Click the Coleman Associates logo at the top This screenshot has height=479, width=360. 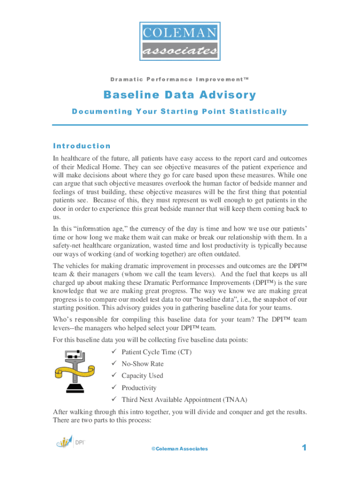tap(180, 42)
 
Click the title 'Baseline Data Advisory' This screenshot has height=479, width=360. tap(180, 95)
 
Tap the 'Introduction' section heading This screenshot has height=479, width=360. tap(82, 146)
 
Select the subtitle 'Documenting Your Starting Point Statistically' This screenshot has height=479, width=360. tap(180, 111)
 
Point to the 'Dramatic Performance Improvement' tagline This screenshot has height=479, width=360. tap(180, 80)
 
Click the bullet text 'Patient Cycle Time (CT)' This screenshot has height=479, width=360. tap(156, 352)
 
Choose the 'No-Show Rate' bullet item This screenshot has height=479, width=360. tap(143, 364)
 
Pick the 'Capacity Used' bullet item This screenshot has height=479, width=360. tap(142, 376)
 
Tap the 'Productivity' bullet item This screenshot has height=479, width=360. tap(139, 388)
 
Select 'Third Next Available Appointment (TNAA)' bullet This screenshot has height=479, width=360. tap(184, 399)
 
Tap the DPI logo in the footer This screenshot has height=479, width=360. tap(70, 442)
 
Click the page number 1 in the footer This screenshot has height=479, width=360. tap(304, 448)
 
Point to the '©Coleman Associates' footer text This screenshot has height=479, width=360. tap(180, 449)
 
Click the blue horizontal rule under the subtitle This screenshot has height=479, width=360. tap(180, 125)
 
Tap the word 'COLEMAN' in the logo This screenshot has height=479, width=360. tap(180, 33)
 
